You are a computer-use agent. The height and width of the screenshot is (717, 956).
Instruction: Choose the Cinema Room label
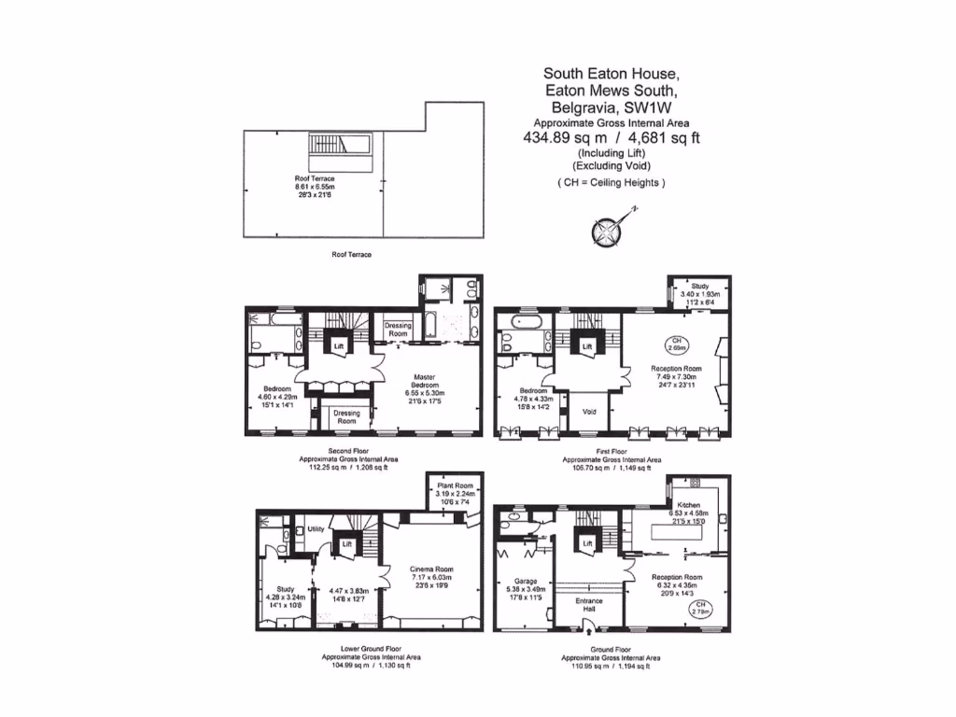tap(431, 569)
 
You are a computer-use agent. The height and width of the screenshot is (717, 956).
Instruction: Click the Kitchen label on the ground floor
tap(688, 504)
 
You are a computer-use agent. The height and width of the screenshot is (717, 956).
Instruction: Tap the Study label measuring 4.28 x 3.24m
tap(277, 584)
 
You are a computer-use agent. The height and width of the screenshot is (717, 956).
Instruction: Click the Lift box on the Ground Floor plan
tap(588, 542)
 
